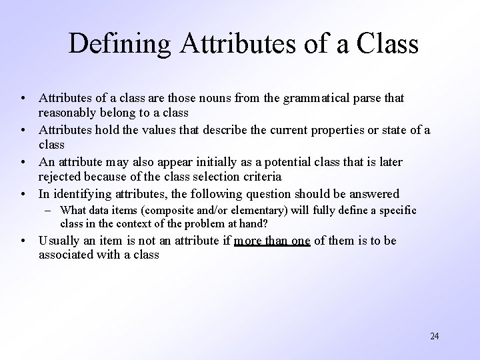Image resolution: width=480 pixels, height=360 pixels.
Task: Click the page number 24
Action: pyautogui.click(x=434, y=336)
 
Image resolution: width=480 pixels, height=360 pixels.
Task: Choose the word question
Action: pyautogui.click(x=277, y=194)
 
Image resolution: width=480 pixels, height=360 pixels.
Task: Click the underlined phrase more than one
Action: pyautogui.click(x=272, y=241)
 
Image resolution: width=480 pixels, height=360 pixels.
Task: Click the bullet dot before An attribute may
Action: pyautogui.click(x=23, y=163)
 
